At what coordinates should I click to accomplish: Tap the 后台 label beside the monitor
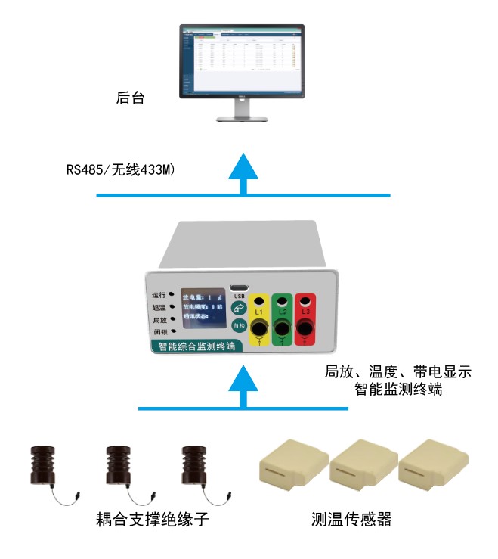click(x=130, y=98)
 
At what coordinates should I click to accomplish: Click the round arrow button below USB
click(x=240, y=308)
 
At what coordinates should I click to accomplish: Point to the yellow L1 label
click(x=258, y=312)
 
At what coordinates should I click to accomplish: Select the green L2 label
click(x=283, y=312)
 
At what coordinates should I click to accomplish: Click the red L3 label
click(x=305, y=312)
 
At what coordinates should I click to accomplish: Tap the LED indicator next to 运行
click(x=173, y=294)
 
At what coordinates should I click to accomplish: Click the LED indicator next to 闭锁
click(x=173, y=332)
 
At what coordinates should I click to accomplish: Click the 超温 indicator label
click(x=159, y=307)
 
